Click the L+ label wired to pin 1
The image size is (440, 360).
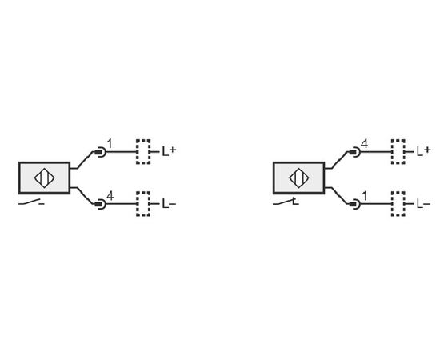click(170, 151)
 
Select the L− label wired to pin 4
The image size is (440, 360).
click(169, 204)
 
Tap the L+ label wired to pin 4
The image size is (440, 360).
click(424, 151)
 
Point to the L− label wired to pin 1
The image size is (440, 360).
click(424, 204)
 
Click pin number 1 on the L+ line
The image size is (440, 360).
click(110, 144)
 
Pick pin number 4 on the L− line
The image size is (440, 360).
click(110, 196)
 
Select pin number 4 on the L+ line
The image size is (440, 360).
click(364, 144)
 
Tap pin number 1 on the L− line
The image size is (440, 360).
click(365, 196)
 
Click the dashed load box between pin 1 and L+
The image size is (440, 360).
click(143, 152)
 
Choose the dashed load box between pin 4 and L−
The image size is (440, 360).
click(143, 204)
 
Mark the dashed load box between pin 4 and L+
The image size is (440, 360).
click(398, 152)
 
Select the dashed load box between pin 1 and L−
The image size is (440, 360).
click(398, 204)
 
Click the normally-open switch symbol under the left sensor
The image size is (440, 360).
click(31, 202)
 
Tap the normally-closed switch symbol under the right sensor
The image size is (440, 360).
click(286, 202)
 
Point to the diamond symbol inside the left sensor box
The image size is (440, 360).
click(44, 178)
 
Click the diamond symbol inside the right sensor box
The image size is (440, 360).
click(299, 178)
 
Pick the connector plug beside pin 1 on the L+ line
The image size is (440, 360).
click(100, 152)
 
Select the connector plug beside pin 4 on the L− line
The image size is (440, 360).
click(100, 204)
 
